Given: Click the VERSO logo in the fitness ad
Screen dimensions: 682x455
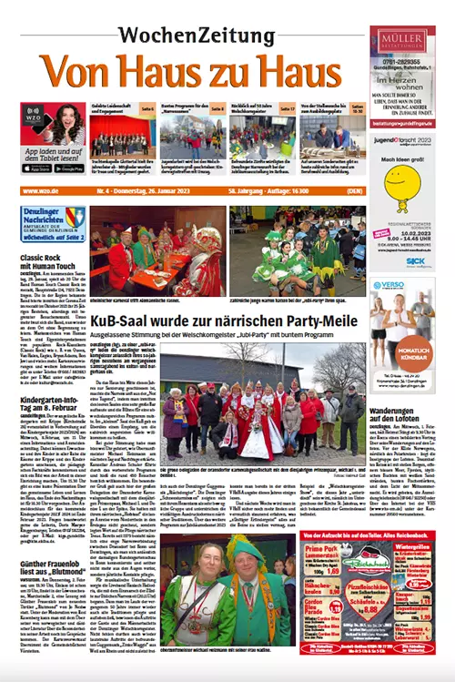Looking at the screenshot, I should click(x=391, y=284).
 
